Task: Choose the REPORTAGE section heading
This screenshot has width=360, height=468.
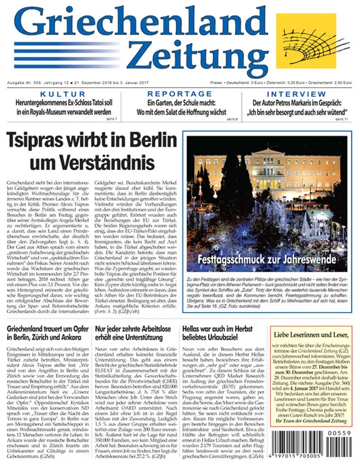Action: click(x=179, y=93)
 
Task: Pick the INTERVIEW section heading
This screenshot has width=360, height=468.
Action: click(x=296, y=93)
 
